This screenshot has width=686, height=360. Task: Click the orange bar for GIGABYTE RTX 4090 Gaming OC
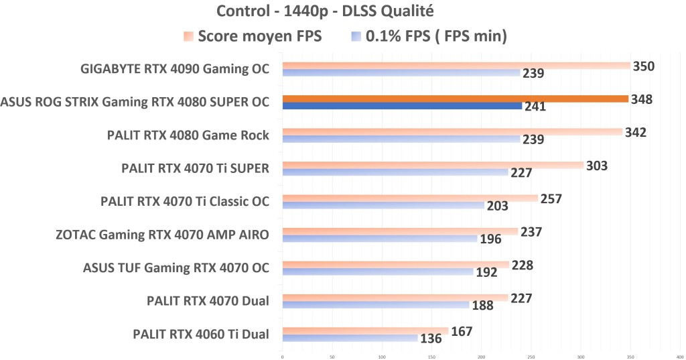(456, 66)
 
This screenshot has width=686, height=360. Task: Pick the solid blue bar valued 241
(402, 106)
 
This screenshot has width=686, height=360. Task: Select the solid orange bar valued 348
(456, 99)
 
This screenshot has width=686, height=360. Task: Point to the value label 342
(635, 132)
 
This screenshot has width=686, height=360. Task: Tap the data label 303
(596, 166)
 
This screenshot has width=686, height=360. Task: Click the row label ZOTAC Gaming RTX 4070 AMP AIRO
(163, 235)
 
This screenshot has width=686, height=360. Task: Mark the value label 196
(490, 239)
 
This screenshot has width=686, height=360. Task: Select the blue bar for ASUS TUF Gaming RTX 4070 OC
(378, 272)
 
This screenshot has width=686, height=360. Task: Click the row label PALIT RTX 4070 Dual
(208, 301)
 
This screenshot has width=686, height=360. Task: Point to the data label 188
(482, 306)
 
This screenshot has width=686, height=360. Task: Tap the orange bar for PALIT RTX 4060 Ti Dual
(365, 331)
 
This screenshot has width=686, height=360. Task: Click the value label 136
(430, 339)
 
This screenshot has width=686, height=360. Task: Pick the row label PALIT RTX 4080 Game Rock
(188, 135)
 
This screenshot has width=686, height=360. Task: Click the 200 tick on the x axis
(481, 357)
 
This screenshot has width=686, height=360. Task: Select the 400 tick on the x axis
(679, 357)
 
